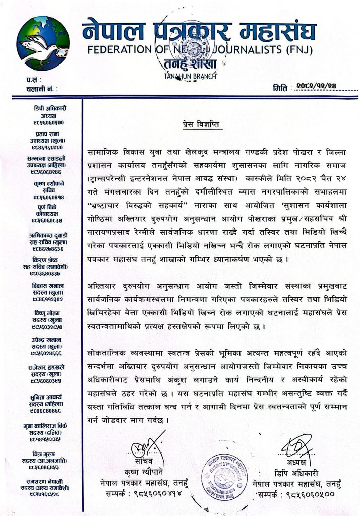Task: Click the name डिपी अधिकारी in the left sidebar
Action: pos(52,108)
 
